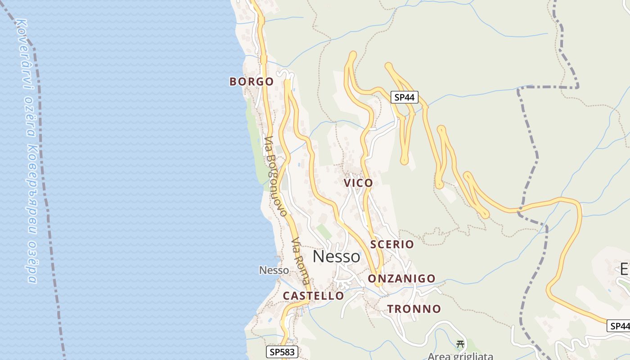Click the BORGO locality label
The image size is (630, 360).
[252, 81]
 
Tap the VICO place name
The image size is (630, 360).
[358, 183]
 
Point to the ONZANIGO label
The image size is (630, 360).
[401, 279]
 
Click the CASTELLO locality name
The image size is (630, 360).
[313, 296]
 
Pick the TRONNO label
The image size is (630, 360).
[414, 309]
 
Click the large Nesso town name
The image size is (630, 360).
[336, 256]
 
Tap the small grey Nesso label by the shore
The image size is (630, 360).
[274, 270]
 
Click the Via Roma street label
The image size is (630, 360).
[301, 261]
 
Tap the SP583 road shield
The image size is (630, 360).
[282, 352]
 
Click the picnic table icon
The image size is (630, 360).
[460, 344]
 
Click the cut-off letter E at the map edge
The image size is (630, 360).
[625, 269]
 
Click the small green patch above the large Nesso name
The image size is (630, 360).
[324, 232]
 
